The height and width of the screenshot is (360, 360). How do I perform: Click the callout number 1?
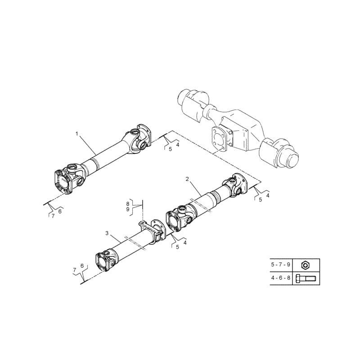(x=77, y=134)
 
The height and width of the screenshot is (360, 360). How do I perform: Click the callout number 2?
(x=187, y=179)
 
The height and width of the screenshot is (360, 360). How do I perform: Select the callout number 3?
(x=107, y=233)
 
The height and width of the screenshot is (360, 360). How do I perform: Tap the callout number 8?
(x=127, y=203)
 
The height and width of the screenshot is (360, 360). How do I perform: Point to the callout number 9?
(x=127, y=210)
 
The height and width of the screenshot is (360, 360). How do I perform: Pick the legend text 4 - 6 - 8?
(x=281, y=279)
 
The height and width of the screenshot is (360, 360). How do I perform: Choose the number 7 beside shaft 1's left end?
(x=53, y=216)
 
